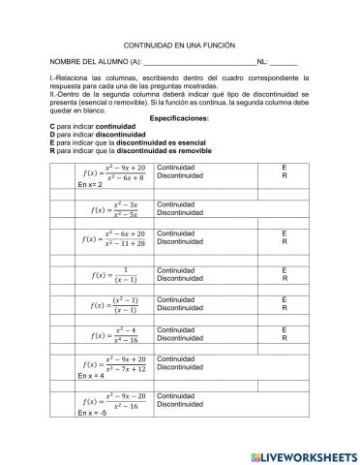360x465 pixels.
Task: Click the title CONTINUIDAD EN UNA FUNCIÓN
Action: point(180,46)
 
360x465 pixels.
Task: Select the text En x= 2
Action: point(90,184)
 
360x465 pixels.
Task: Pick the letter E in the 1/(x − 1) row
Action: point(284,270)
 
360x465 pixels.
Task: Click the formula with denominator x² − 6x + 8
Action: point(109,172)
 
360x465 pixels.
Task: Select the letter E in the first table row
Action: point(284,168)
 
